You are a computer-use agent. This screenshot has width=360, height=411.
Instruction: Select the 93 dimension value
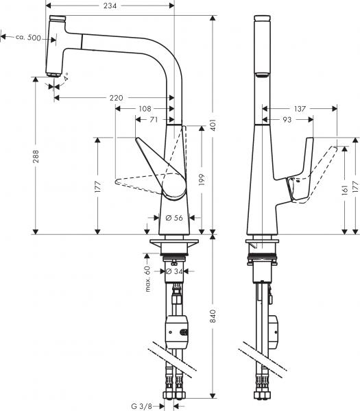click(287, 120)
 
